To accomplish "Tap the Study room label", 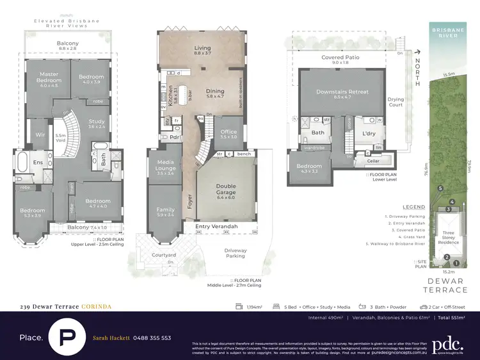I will [x=97, y=124].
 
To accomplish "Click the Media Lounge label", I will [x=165, y=166].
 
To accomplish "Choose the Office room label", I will [x=228, y=133].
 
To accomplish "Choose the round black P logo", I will [x=66, y=337].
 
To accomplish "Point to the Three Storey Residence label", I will [x=448, y=238].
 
